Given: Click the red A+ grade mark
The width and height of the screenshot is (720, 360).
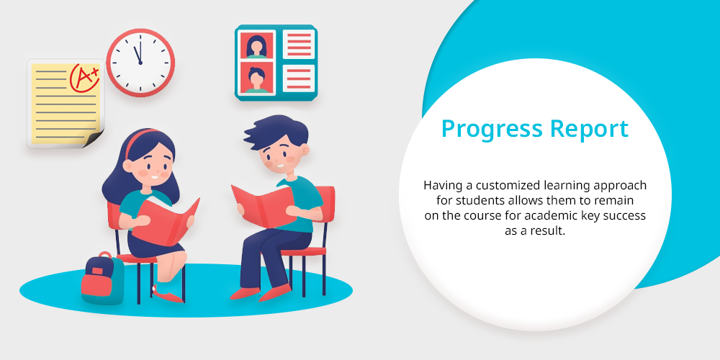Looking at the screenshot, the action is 84,77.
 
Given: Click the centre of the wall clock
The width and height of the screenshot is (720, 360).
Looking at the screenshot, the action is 140,63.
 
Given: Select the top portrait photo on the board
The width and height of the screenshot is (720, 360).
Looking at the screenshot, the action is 256,45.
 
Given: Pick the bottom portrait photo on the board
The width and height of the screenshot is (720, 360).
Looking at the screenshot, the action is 256,78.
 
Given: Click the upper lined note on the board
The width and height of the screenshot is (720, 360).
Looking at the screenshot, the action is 299,44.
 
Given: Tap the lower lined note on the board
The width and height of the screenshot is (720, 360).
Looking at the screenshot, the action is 299,78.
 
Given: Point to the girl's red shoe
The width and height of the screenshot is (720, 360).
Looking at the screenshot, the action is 168,294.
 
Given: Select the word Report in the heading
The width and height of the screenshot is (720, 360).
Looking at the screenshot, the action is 590,130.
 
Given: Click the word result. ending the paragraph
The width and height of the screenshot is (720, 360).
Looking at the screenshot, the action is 547,230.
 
